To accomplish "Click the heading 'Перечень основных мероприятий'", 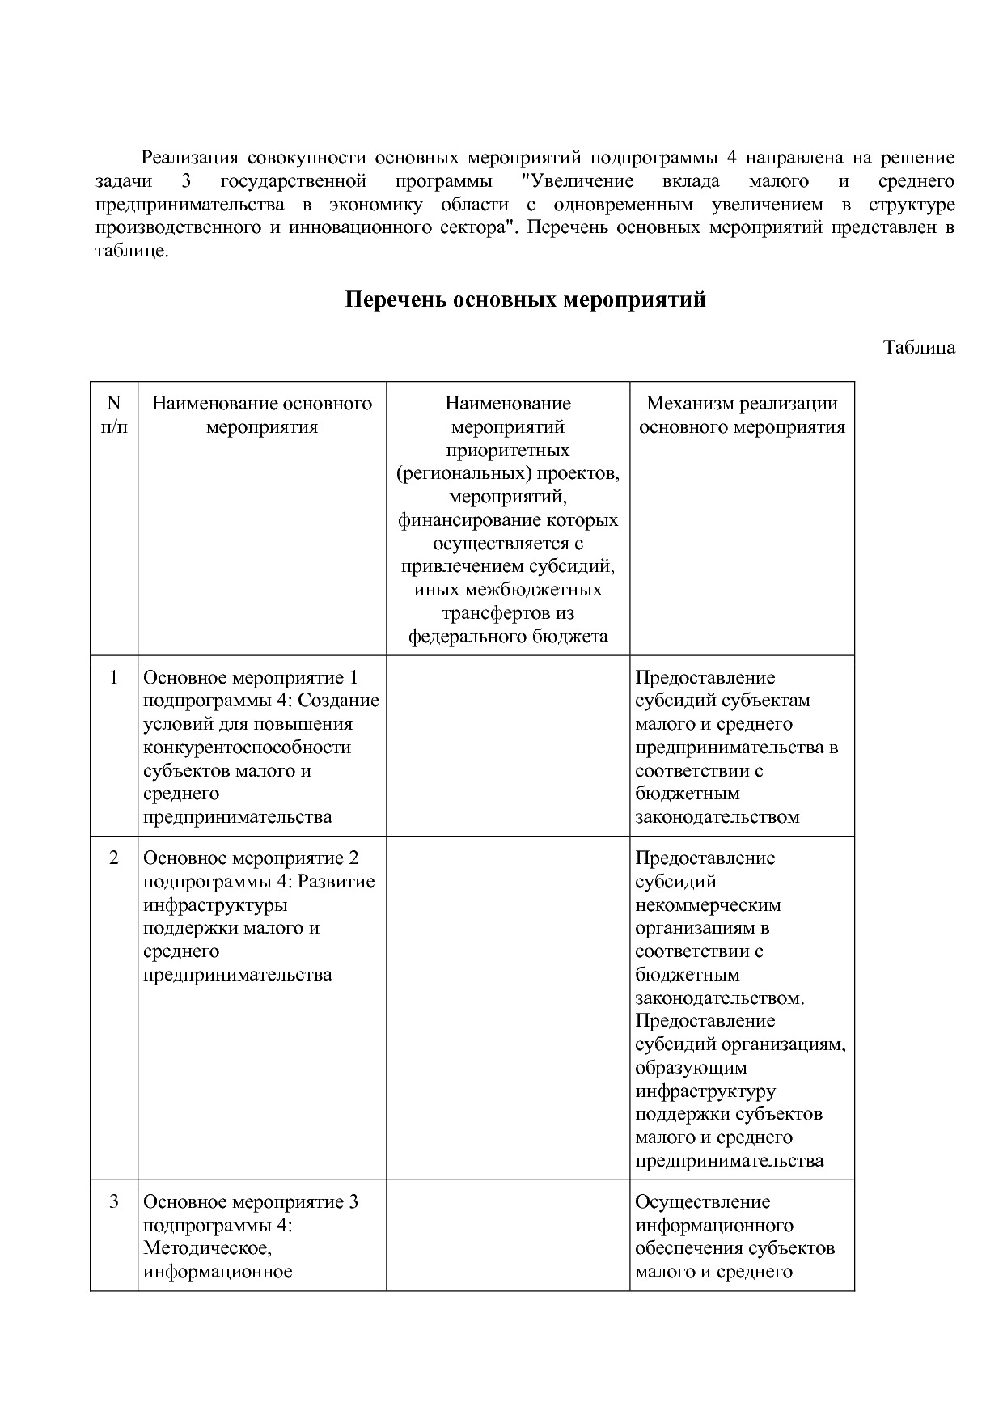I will coord(525,300).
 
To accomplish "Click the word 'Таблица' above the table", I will coord(919,348).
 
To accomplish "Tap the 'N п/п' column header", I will coord(114,414).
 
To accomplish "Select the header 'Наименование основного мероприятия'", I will coord(261,414).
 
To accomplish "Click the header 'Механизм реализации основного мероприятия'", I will coord(742,414).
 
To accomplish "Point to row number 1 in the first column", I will coord(114,677).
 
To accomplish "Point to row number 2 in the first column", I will coord(114,858).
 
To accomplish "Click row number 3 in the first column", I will coord(114,1201).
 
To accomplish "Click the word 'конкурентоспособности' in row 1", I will coord(247,747).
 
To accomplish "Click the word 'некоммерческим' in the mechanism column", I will coord(708,904).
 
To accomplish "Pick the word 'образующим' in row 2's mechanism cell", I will coord(691,1067).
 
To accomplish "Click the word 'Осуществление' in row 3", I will coord(702,1201).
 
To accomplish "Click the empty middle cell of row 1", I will coord(508,745).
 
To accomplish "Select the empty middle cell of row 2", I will coord(508,1007).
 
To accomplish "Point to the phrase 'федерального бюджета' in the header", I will coord(508,636).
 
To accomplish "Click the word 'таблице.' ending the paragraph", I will coord(132,251).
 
